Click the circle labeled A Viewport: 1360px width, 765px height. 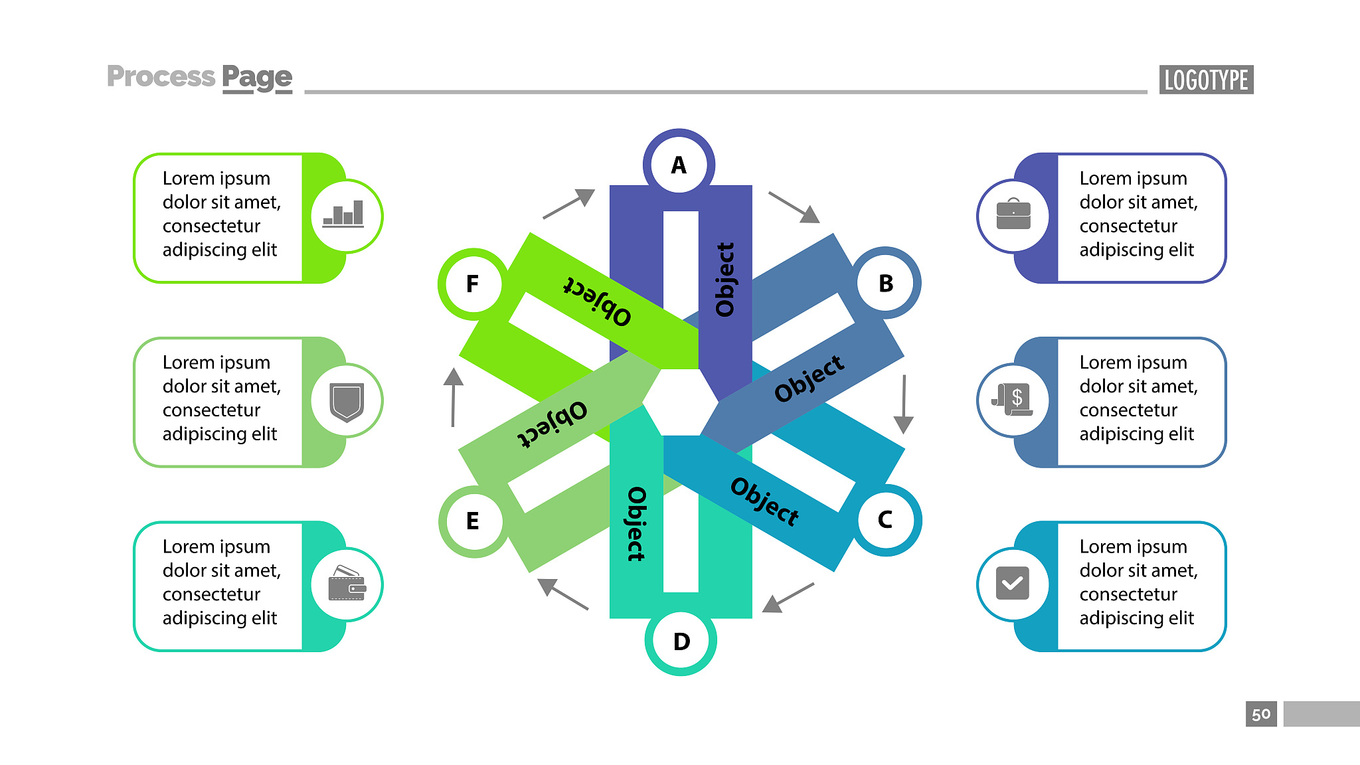tap(679, 165)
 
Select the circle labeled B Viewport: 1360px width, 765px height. tap(886, 283)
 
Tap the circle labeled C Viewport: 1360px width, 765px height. tap(886, 520)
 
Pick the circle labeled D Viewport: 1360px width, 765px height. tap(681, 641)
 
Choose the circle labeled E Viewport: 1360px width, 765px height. tap(473, 521)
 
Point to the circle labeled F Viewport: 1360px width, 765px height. tap(473, 284)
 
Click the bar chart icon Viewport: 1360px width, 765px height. tap(343, 214)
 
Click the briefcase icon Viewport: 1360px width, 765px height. tap(1013, 214)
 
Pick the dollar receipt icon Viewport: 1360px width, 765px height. tap(1013, 400)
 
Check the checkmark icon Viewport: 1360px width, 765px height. tap(1013, 583)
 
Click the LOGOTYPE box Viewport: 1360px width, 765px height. tap(1206, 80)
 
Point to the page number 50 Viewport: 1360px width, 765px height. tap(1261, 715)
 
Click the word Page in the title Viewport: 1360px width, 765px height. tap(257, 78)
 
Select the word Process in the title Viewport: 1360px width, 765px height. tap(161, 76)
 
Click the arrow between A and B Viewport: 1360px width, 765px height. tap(794, 207)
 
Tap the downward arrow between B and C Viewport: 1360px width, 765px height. tap(904, 404)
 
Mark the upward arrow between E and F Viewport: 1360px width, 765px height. tap(454, 397)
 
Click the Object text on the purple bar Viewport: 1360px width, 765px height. tap(724, 279)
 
